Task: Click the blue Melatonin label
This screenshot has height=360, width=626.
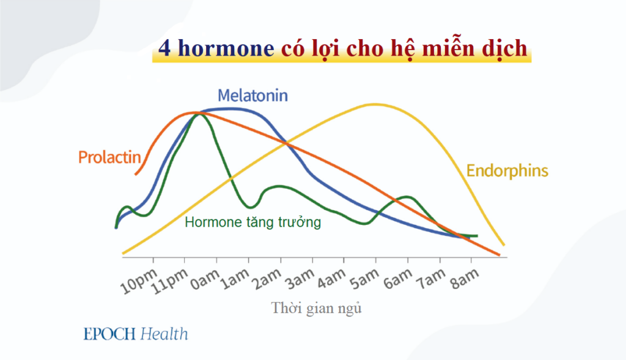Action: coord(252,96)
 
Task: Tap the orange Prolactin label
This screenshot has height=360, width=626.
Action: coord(109,157)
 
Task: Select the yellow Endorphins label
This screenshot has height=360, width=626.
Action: coord(507,171)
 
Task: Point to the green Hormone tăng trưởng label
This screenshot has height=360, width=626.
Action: coord(252,222)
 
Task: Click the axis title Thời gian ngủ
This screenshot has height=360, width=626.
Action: coord(317,308)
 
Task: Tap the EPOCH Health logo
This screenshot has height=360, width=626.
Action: coord(136,334)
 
